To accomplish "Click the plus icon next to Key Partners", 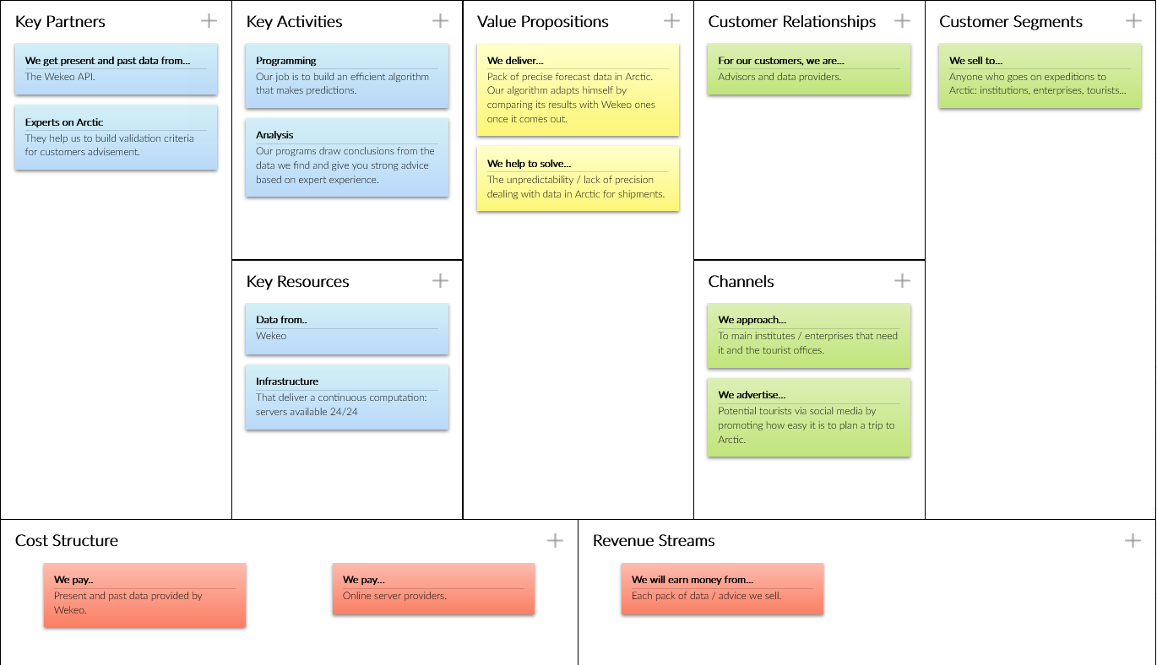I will (209, 21).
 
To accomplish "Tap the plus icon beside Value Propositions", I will (671, 21).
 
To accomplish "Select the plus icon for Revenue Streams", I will (1133, 540).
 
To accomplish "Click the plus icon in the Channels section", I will (902, 281).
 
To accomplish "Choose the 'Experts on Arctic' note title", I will (64, 122).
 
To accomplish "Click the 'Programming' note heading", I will (286, 61).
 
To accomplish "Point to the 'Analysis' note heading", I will (274, 135).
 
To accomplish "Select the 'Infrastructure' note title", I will (287, 381).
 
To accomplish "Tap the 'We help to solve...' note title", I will (529, 164).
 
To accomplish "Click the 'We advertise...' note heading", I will (752, 395).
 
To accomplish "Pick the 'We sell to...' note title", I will (975, 61).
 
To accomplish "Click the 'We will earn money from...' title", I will (693, 581).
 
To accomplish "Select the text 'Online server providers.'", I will (394, 596).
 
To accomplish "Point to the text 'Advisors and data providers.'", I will (779, 77).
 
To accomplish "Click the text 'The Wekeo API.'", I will (60, 77).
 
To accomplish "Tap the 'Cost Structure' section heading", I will (67, 541).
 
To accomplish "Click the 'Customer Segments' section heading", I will (1010, 22).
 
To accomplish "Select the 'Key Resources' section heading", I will (297, 282).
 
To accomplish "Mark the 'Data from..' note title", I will (281, 320).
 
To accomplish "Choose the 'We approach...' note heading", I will (752, 320).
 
